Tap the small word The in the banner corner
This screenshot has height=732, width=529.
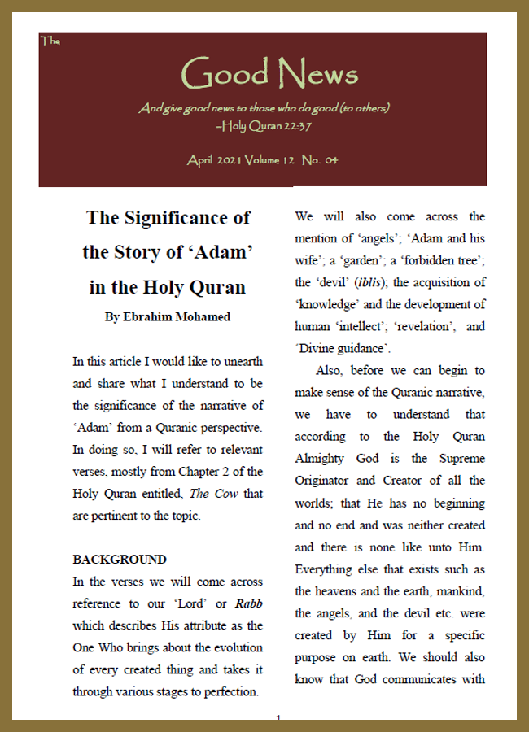coord(49,41)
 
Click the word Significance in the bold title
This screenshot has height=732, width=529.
coord(188,218)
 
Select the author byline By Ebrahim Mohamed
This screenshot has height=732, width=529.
coord(168,316)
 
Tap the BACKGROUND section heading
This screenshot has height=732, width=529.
coord(120,560)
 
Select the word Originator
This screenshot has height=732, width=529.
coord(329,481)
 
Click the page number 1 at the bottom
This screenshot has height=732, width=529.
coord(278,718)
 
